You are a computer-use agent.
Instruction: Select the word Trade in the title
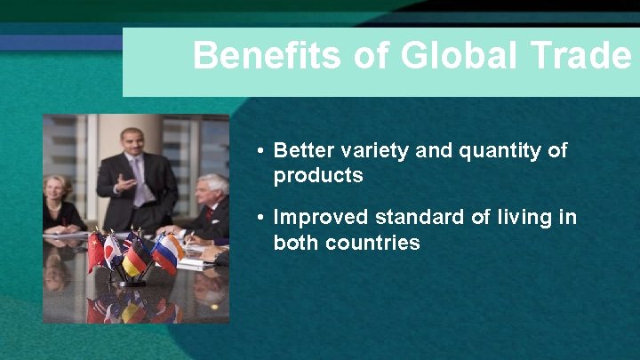pyautogui.click(x=586, y=55)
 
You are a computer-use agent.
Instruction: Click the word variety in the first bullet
pyautogui.click(x=376, y=150)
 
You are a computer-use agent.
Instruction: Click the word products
pyautogui.click(x=318, y=175)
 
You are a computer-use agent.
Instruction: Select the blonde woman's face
pyautogui.click(x=56, y=188)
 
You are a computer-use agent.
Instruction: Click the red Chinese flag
pyautogui.click(x=95, y=252)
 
